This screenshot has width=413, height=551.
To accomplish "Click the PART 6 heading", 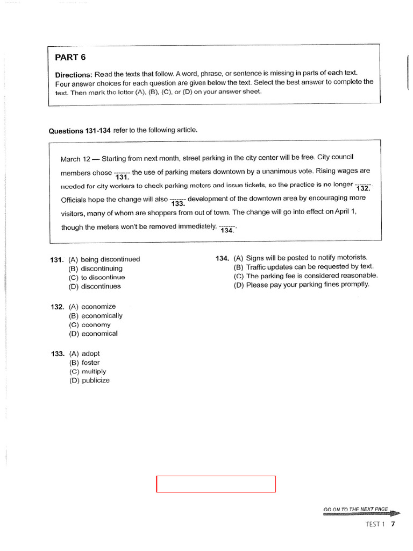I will pos(70,58).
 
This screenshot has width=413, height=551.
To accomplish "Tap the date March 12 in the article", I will pos(75,159).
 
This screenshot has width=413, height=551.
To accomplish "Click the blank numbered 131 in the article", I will pos(122,174).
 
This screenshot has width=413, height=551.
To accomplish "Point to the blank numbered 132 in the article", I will pos(364,186).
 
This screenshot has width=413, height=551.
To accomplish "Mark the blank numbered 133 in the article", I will pos(177,201).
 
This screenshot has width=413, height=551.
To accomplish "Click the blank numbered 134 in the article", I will pos(227,228).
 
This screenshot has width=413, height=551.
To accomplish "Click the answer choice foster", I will pos(91,363).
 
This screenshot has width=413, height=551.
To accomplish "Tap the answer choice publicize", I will pos(95,380).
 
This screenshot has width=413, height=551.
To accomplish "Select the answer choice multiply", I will pos(94,371).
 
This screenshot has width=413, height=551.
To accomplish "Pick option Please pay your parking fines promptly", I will pos(308,285).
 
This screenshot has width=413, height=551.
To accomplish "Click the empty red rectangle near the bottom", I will pos(216,484).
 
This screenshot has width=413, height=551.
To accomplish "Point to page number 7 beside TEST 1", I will pos(393,524).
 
